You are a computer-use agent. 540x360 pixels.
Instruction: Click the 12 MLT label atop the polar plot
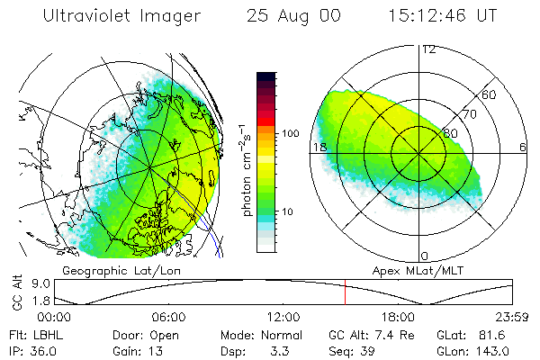pyautogui.click(x=428, y=49)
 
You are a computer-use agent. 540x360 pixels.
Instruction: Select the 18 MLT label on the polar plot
pyautogui.click(x=319, y=147)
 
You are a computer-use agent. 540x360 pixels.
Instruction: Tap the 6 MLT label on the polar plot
pyautogui.click(x=523, y=147)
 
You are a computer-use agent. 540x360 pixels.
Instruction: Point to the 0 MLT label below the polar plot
pyautogui.click(x=425, y=256)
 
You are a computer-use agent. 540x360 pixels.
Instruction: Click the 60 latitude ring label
pyautogui.click(x=490, y=94)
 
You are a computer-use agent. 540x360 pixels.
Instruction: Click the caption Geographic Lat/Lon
pyautogui.click(x=111, y=270)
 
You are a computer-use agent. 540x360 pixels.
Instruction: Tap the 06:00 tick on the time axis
pyautogui.click(x=168, y=317)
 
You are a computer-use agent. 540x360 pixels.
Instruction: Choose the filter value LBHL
pyautogui.click(x=47, y=333)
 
